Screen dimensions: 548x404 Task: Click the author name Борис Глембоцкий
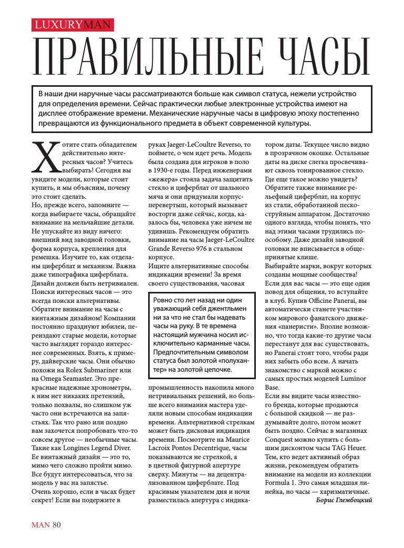point(344,500)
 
